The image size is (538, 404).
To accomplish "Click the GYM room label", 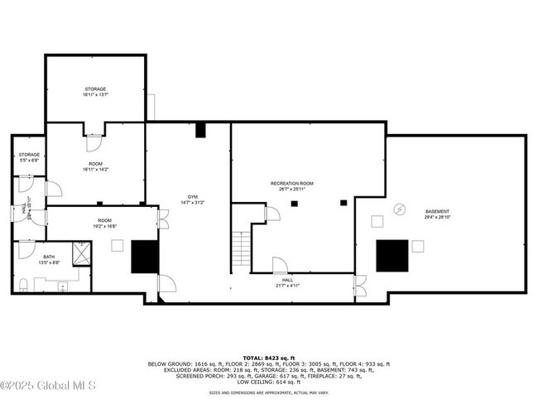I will [191, 197].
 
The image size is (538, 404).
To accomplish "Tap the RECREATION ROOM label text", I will [292, 183].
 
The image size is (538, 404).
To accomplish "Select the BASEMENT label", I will [437, 211].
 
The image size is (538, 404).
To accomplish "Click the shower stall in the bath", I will [82, 253].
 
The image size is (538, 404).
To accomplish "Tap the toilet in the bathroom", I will [22, 286].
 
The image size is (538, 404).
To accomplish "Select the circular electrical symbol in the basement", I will [400, 210].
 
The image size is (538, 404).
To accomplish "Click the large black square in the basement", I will [392, 256].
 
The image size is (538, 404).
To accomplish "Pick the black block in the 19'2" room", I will [145, 257].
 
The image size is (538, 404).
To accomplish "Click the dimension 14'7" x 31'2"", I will [191, 203].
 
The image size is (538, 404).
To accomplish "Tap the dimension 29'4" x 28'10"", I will [437, 217].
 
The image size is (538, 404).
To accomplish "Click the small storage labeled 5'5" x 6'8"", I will [30, 157].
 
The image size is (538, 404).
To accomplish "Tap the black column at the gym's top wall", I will [200, 130].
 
